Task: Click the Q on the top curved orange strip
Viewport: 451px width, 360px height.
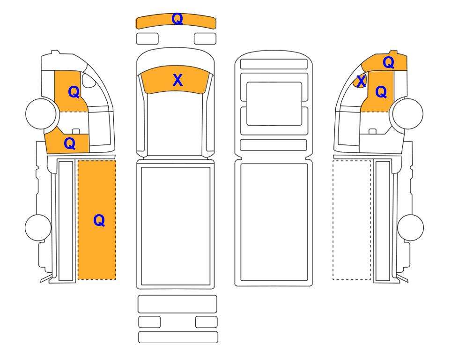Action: point(177,19)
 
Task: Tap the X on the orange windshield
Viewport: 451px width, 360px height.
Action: point(178,80)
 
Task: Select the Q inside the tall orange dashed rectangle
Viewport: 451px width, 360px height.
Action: point(99,221)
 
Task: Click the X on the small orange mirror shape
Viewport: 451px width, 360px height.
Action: point(361,81)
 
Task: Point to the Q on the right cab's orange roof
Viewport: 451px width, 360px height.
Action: point(388,62)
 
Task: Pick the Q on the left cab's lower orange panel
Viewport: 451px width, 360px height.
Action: point(70,143)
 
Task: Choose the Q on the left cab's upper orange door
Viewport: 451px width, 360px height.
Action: point(74,92)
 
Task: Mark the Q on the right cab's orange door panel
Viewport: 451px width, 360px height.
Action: point(381,92)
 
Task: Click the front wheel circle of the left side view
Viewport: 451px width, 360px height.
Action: point(41,113)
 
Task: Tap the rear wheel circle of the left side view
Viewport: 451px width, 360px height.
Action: point(38,227)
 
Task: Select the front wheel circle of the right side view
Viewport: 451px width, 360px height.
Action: point(408,113)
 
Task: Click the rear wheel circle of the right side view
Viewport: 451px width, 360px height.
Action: point(410,227)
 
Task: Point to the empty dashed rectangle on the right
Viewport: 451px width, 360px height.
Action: point(352,220)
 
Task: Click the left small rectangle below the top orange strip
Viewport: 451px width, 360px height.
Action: point(147,38)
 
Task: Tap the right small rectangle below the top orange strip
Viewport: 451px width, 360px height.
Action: point(205,38)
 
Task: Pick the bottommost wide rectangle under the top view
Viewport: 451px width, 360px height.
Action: point(178,337)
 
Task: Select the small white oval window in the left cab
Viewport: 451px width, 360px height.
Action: point(89,80)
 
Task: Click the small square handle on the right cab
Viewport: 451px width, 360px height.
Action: point(372,132)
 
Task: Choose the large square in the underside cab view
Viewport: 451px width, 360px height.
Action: point(274,104)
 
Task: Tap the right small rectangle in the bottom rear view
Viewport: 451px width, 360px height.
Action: point(206,322)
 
